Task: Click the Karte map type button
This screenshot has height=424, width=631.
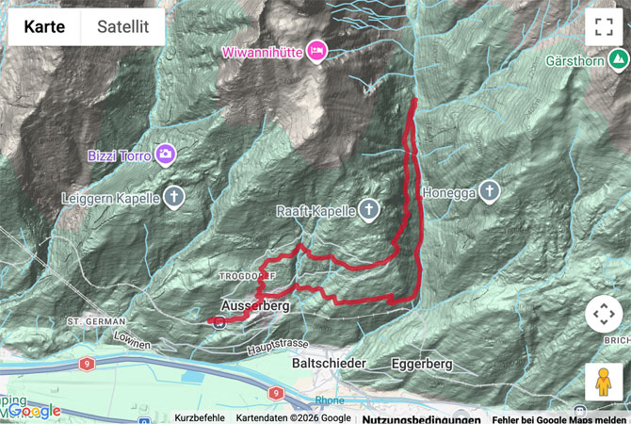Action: click(x=44, y=27)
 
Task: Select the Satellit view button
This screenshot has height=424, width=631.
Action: click(x=122, y=27)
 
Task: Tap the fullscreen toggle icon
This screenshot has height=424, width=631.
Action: click(x=604, y=27)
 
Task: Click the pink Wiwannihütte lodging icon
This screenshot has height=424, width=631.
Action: click(x=316, y=52)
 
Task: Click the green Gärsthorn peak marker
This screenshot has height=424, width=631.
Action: click(x=618, y=61)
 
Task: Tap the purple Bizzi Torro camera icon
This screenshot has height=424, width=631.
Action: click(x=166, y=153)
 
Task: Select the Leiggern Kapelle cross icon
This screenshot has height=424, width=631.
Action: click(x=173, y=198)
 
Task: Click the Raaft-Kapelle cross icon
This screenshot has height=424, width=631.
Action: click(x=371, y=210)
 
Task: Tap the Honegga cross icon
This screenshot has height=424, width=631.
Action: click(x=489, y=192)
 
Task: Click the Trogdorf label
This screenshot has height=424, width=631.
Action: click(x=248, y=276)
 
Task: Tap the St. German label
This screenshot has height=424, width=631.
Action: click(x=89, y=321)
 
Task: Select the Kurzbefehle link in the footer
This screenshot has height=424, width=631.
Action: click(x=200, y=417)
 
